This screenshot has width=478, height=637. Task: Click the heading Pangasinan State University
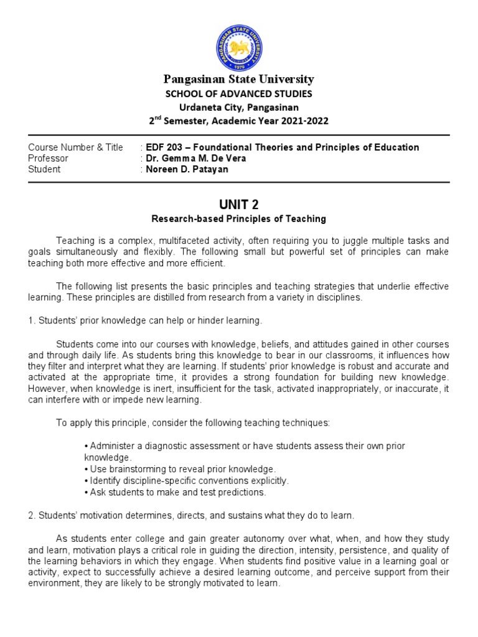(x=239, y=79)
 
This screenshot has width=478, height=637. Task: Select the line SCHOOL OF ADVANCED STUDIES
(x=239, y=93)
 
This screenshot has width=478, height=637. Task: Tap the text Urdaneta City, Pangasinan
(x=239, y=106)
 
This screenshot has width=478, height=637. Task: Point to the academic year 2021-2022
(x=293, y=121)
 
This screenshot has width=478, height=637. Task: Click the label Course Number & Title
(x=76, y=147)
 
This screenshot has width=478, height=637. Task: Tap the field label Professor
(x=48, y=158)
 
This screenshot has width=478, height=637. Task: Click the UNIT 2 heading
(x=239, y=205)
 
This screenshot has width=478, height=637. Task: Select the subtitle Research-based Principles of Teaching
(x=239, y=219)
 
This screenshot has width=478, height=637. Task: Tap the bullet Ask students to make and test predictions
(x=175, y=492)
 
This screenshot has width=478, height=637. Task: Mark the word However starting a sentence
(x=47, y=389)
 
